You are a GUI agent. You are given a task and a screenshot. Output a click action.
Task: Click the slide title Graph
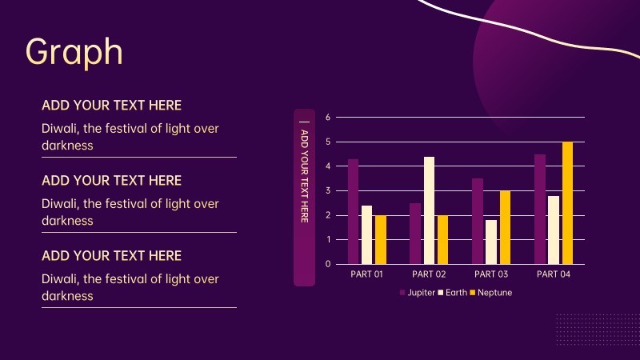74,51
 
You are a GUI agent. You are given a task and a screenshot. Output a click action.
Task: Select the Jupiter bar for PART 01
353,211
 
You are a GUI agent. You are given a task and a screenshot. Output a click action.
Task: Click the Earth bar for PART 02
429,210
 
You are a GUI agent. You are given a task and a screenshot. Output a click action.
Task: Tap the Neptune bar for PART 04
567,203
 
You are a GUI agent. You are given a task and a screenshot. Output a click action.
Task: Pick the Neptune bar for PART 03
505,227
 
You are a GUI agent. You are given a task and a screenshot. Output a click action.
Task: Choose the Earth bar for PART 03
491,242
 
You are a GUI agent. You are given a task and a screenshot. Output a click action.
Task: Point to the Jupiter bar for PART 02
415,234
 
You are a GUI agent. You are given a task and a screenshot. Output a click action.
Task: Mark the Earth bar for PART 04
554,230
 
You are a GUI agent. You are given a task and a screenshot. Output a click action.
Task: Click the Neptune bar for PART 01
381,239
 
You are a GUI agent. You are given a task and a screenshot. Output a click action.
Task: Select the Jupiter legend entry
417,293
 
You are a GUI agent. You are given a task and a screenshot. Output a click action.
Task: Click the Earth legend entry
452,293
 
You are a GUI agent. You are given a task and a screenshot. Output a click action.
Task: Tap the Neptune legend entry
490,293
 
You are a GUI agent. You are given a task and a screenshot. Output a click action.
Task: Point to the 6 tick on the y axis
328,118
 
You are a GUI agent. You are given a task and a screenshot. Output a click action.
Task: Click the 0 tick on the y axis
328,264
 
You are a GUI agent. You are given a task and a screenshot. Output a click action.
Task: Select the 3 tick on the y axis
328,191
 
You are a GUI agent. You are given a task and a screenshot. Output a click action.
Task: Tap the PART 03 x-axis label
491,274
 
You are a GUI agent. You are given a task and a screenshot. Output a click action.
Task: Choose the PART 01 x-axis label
366,274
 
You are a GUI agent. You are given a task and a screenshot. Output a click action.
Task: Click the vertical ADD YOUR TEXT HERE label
305,176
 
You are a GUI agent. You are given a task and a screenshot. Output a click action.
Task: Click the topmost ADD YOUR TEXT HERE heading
111,106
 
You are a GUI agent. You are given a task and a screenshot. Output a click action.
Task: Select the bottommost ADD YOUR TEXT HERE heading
111,256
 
